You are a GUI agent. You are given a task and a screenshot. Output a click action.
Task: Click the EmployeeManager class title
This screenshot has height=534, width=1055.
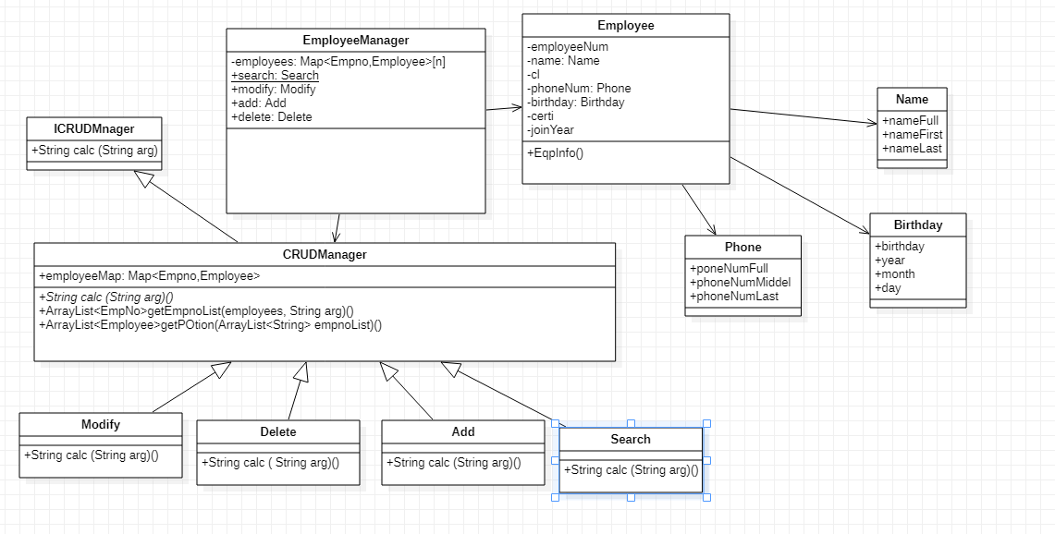point(356,41)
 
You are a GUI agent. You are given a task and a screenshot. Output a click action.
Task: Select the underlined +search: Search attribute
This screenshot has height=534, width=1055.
point(275,76)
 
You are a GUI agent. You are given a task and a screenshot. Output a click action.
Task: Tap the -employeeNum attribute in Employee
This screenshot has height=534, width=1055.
point(568,47)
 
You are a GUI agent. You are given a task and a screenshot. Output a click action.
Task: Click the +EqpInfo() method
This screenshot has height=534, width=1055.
point(556,153)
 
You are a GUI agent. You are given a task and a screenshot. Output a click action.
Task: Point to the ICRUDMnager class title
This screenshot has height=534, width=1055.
point(93,128)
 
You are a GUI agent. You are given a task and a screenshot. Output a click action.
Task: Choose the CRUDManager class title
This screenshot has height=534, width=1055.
point(325,254)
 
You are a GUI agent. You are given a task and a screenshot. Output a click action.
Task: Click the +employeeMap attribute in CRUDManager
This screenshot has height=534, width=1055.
point(150,276)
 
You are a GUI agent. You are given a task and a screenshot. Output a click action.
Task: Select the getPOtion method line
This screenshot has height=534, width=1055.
point(211,325)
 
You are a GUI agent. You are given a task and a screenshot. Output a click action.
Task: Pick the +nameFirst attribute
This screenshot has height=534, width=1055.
point(912,135)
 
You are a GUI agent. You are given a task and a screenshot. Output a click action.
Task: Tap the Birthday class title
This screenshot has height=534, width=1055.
point(917,225)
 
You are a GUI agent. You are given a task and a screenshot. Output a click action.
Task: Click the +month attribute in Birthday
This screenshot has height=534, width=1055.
point(895,274)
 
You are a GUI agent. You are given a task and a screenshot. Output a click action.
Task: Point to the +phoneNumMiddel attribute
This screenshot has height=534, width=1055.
point(740,283)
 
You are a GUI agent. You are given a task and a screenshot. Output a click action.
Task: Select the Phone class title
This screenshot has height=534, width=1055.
point(742,247)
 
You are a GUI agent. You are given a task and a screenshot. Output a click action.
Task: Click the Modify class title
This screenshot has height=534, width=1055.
point(101,424)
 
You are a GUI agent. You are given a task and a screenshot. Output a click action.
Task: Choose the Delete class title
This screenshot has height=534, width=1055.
point(278,431)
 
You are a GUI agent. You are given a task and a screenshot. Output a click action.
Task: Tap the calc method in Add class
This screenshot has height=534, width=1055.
point(453,463)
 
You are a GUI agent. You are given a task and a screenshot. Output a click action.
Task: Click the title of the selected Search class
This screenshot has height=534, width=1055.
point(631,439)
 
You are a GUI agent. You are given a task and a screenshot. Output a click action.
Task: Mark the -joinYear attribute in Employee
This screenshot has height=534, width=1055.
point(550,130)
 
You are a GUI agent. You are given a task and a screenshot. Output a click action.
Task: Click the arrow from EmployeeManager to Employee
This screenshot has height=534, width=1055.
point(504,109)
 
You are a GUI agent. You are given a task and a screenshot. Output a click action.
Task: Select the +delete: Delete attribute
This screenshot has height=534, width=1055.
point(272,117)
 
